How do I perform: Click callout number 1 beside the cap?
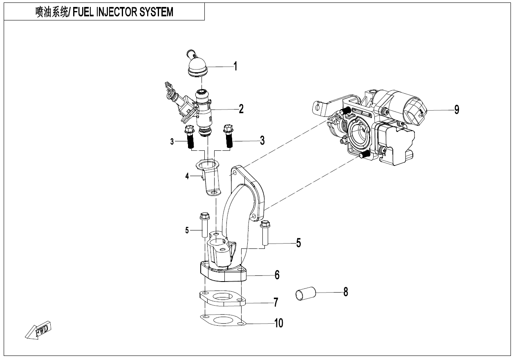(235, 66)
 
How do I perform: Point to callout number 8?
(345, 292)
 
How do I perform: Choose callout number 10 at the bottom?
(278, 323)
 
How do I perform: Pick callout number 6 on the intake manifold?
(277, 275)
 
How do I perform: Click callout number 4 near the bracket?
(187, 177)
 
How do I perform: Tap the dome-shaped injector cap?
(198, 65)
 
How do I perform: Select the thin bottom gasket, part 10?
(223, 320)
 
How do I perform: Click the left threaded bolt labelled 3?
(190, 138)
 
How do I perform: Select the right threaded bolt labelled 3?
(228, 136)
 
